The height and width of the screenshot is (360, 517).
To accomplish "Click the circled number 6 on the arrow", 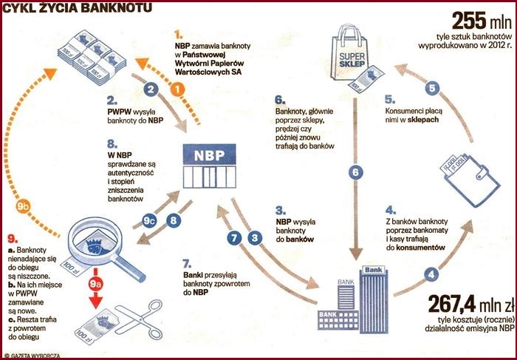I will (x=355, y=172).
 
